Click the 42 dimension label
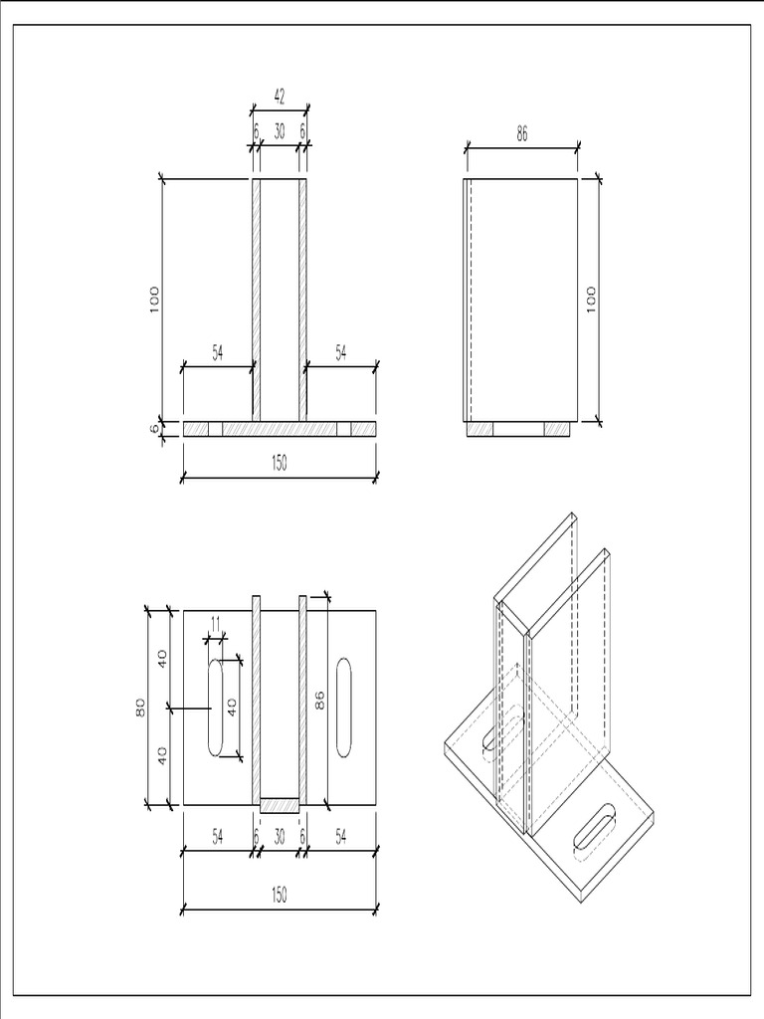pos(280,97)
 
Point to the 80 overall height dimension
pos(141,707)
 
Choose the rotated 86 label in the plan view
pos(319,701)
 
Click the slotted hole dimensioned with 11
pos(215,708)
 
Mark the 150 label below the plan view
pos(280,896)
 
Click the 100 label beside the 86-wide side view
pos(590,299)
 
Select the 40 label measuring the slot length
pos(233,708)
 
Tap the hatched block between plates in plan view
pos(280,802)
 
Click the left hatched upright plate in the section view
pos(256,299)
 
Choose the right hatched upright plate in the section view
pos(303,299)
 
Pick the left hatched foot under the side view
pos(480,429)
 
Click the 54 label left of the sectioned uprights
pos(218,351)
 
